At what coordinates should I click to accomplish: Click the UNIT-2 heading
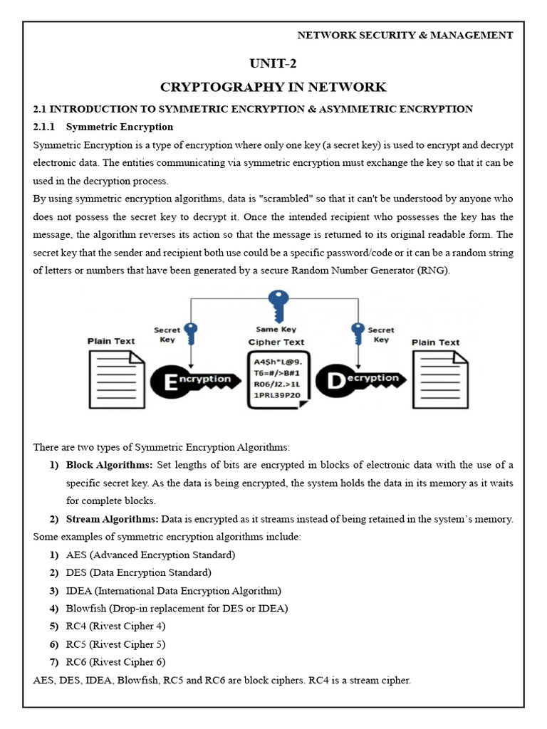tap(273, 64)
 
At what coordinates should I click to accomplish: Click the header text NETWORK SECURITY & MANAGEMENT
tap(405, 34)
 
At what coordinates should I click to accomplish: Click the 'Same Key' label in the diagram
tap(276, 330)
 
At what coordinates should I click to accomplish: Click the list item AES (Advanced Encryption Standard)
tap(150, 555)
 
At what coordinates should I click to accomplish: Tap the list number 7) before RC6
tap(54, 662)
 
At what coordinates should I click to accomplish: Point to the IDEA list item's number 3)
tap(54, 590)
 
